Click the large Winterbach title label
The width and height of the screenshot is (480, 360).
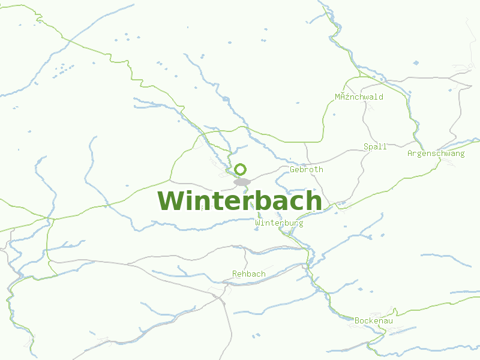coord(239,201)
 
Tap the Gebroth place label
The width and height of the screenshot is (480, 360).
coord(306,169)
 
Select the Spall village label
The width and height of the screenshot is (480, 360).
coord(375,146)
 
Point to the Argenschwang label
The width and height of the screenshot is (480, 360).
coord(436,154)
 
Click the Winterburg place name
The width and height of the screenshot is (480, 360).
coord(279,223)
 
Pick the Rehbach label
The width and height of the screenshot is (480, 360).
coord(248,274)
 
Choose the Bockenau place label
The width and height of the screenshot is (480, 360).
coord(373,321)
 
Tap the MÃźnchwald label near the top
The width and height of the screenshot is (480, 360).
coord(359,97)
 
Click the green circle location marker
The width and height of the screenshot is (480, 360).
coord(241,169)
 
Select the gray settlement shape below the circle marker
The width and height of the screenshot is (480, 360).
coord(242,181)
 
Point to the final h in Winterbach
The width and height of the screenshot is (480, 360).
coord(313,200)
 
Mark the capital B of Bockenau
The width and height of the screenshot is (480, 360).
coord(357,321)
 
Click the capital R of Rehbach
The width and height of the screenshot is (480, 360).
coord(235,274)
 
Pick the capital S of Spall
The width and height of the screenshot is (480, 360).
coord(366,146)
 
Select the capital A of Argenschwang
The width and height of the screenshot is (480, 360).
coord(410,154)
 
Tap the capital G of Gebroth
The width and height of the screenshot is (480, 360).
coord(292,169)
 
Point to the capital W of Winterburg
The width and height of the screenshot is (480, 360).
coord(257,223)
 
